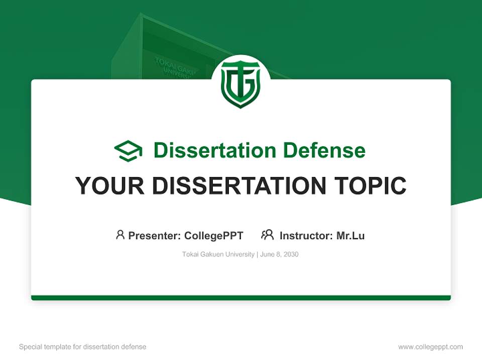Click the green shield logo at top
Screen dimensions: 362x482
[240, 84]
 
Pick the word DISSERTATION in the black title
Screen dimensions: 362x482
[237, 186]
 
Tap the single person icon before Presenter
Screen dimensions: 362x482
[120, 235]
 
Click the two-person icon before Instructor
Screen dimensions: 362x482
[267, 235]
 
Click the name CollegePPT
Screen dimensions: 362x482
[214, 235]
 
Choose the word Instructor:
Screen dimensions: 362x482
[306, 235]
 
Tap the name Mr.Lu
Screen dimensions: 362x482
[350, 235]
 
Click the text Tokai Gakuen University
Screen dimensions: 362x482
[218, 254]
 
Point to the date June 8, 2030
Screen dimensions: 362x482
[279, 254]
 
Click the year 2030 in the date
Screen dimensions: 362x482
[291, 254]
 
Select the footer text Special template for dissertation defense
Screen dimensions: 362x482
[82, 347]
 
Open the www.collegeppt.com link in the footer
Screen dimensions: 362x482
[430, 347]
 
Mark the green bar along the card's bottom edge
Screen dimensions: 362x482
[241, 298]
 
